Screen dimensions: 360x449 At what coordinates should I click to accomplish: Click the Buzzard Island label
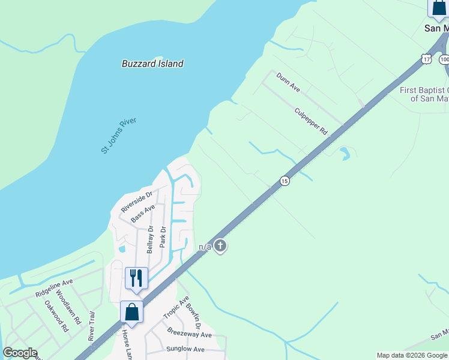pyautogui.click(x=152, y=63)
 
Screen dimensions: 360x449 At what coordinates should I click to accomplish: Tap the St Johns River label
pyautogui.click(x=119, y=135)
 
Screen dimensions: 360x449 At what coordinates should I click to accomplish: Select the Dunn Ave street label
pyautogui.click(x=288, y=82)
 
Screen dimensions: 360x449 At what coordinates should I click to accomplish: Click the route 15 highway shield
pyautogui.click(x=285, y=181)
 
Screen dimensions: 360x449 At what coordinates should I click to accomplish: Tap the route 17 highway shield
pyautogui.click(x=426, y=59)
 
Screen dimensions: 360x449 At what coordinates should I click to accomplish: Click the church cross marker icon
pyautogui.click(x=220, y=245)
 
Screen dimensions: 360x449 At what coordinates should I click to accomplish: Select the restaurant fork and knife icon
pyautogui.click(x=136, y=278)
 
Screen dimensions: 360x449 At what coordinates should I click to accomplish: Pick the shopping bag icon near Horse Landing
pyautogui.click(x=131, y=311)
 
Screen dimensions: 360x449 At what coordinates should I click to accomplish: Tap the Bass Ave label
pyautogui.click(x=143, y=214)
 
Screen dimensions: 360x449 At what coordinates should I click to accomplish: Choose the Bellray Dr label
pyautogui.click(x=150, y=239)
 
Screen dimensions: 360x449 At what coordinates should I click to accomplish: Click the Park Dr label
pyautogui.click(x=162, y=236)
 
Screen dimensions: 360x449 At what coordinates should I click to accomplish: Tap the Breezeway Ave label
pyautogui.click(x=190, y=334)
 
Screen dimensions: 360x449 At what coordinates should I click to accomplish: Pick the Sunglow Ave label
pyautogui.click(x=185, y=349)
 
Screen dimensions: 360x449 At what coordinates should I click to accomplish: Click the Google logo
pyautogui.click(x=20, y=353)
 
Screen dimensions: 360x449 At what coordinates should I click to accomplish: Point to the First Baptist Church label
pyautogui.click(x=424, y=94)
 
